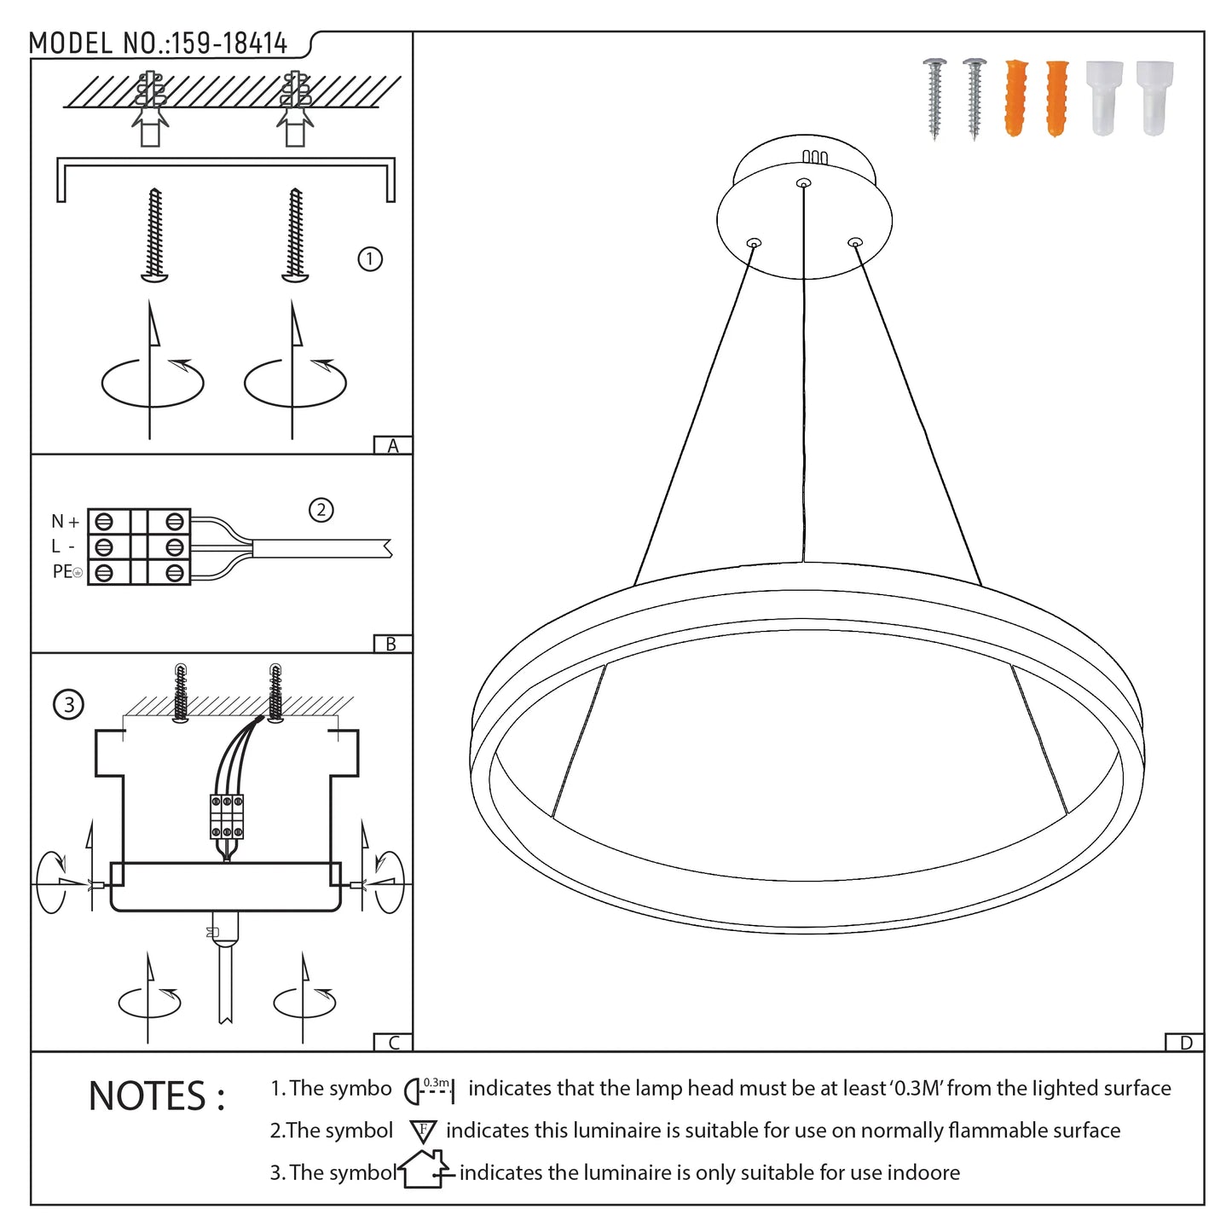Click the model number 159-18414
(x=229, y=43)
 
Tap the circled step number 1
(x=369, y=259)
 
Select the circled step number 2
(x=321, y=510)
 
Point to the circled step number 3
(x=68, y=704)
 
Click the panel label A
(x=392, y=446)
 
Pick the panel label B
(x=391, y=644)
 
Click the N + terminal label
(x=65, y=522)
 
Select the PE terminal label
(x=67, y=571)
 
